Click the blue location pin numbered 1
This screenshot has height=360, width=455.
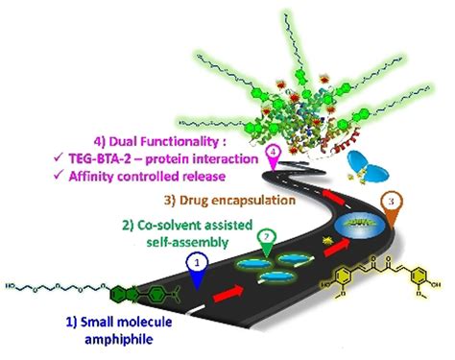pyautogui.click(x=195, y=261)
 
